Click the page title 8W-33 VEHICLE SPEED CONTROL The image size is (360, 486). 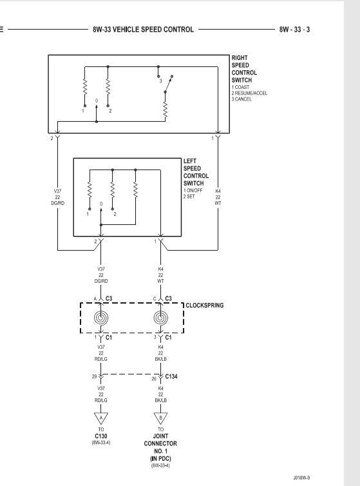coord(143,30)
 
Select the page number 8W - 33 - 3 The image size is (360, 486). coord(294,30)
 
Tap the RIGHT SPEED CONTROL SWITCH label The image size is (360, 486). coord(244,69)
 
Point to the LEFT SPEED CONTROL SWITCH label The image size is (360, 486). coord(196,172)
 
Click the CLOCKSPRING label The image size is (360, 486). coord(205,306)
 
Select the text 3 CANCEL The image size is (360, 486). coord(242,99)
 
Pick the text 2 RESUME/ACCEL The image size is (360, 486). coord(249,93)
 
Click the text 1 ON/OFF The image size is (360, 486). coord(193,190)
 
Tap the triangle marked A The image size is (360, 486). coord(100,418)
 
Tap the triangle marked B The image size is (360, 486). coord(160,418)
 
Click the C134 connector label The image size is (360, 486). coord(171,376)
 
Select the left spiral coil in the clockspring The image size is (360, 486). coord(101,318)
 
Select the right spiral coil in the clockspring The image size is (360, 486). coord(161,318)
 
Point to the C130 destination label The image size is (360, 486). coord(101,436)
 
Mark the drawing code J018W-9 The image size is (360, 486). coord(302,478)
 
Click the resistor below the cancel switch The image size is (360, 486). coord(166,110)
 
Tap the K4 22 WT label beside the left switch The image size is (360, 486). coord(218,197)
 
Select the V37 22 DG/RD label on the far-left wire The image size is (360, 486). coord(57,197)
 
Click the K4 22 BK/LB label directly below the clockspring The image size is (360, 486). coord(161,353)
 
